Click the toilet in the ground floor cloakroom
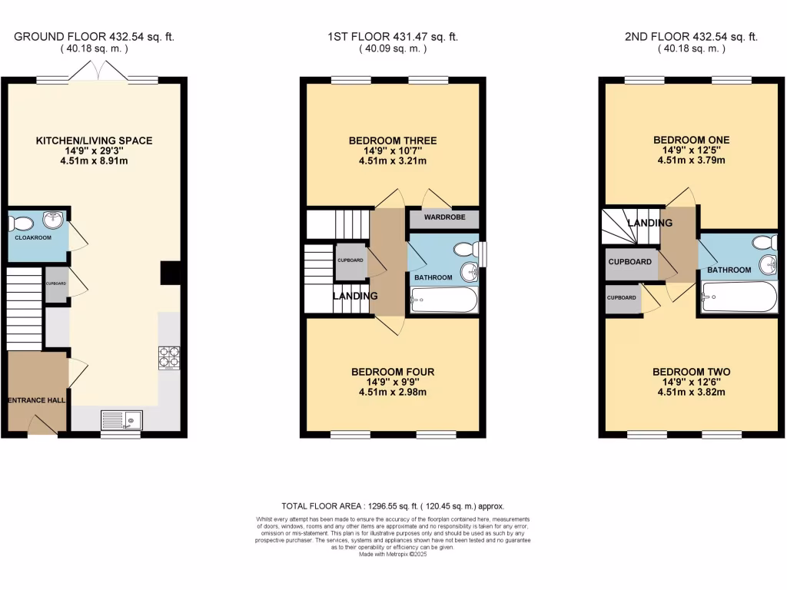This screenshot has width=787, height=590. point(21,224)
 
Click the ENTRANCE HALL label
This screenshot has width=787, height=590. point(37,400)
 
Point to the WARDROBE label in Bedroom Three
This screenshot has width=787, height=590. point(444,217)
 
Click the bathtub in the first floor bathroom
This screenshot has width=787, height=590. point(444,300)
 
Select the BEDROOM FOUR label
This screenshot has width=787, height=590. point(393,372)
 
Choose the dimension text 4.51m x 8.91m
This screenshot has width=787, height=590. point(94,161)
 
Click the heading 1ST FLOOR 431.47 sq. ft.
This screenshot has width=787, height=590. point(393,36)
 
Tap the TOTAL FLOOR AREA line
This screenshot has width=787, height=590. point(393,506)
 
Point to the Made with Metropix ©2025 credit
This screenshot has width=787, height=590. point(393,553)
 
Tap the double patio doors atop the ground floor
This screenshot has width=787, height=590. point(94,74)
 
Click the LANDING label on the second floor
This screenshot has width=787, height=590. point(649,223)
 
